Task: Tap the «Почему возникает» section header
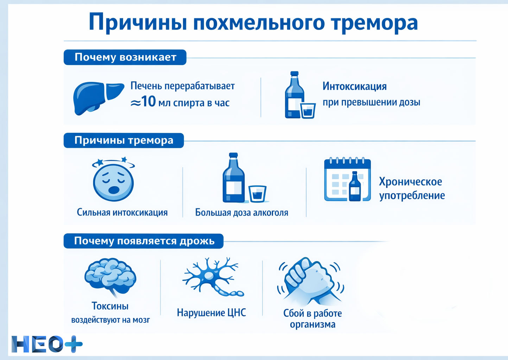[x=125, y=57]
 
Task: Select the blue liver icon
[x=98, y=98]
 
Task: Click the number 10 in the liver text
[x=148, y=102]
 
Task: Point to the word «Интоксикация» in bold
[x=354, y=86]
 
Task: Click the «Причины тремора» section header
[x=124, y=141]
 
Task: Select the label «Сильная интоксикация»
[x=122, y=212]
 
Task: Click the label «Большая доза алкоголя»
[x=242, y=213]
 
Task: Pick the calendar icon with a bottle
[x=347, y=180]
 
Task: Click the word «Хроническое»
[x=410, y=182]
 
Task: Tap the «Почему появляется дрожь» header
[x=144, y=241]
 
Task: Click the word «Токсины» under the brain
[x=110, y=306]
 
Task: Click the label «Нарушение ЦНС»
[x=211, y=313]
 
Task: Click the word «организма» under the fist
[x=312, y=324]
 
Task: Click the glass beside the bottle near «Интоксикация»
[x=308, y=110]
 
